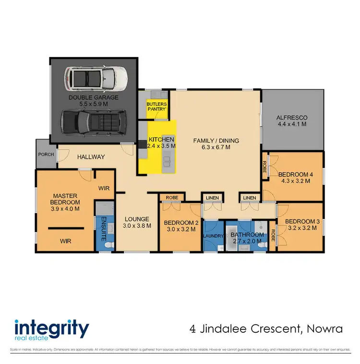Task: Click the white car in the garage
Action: (x=96, y=77)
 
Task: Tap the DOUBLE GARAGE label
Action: (x=93, y=97)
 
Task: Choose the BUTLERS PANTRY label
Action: (x=157, y=106)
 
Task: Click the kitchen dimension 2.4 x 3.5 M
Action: (x=161, y=146)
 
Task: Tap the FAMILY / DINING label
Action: (x=216, y=141)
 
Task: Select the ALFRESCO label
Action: (x=292, y=118)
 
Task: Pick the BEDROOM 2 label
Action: (x=180, y=223)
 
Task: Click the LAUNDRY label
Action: (x=214, y=235)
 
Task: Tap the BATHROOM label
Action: (x=247, y=235)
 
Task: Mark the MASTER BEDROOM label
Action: (x=66, y=199)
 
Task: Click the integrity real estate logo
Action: (x=52, y=330)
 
